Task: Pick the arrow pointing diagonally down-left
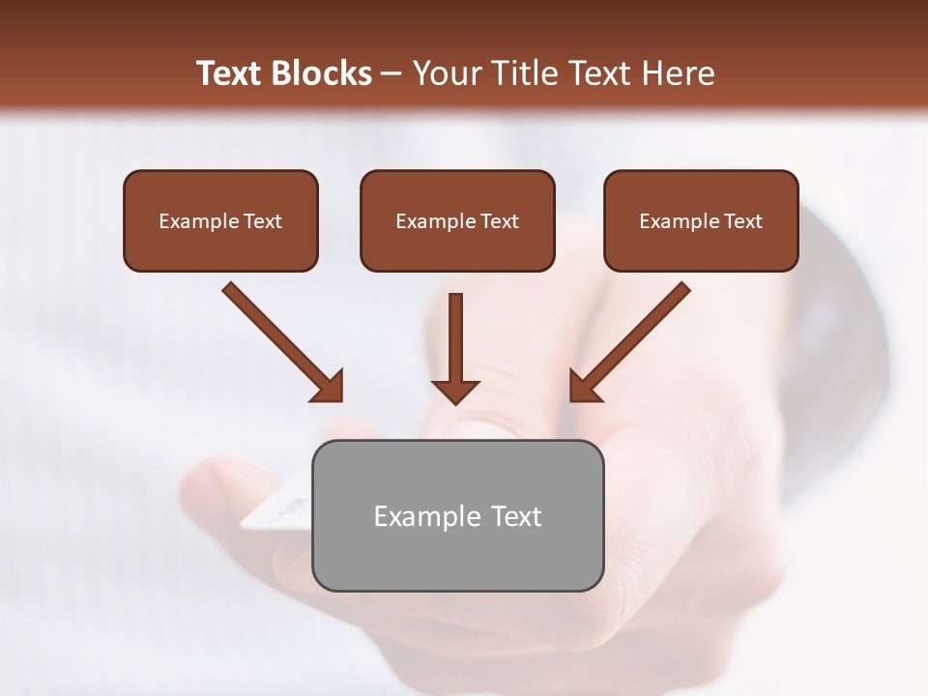point(633,338)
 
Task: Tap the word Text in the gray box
point(516,516)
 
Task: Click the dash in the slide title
point(391,74)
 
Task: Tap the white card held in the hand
point(275,513)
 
